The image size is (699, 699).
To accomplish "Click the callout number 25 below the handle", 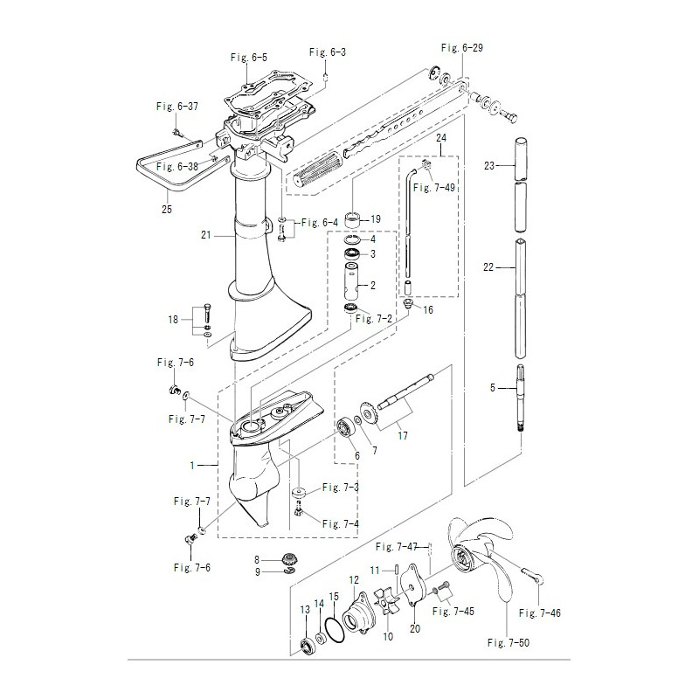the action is pos(167,209).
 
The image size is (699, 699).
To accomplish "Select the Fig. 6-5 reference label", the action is pos(249,58).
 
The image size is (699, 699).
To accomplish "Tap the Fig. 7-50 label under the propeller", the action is pos(509,642).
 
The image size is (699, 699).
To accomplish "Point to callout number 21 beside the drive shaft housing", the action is pos(205,235).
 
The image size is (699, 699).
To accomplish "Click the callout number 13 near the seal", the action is pos(305,610).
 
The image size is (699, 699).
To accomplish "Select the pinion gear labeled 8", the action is pos(289,559).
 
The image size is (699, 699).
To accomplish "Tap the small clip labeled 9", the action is pos(290,571).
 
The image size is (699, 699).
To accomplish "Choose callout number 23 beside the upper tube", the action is pos(489,166).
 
